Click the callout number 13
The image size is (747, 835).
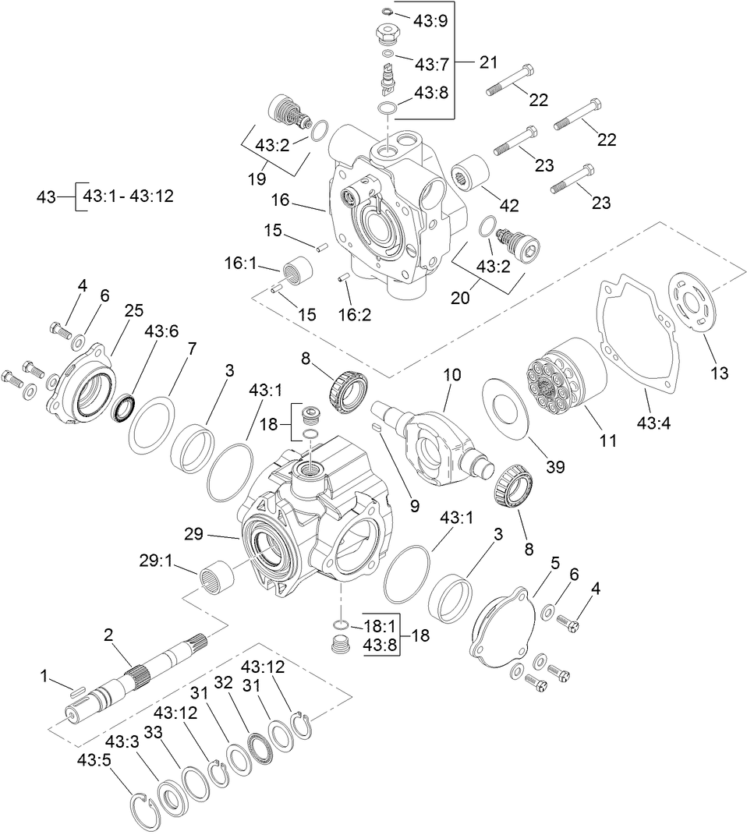[720, 373]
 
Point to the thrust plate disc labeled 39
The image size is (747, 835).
[510, 402]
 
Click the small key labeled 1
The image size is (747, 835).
[75, 688]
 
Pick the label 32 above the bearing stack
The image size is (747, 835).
[223, 683]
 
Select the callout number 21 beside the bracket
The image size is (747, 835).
[487, 62]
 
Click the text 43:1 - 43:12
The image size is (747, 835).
[128, 196]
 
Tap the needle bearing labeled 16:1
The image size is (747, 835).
[297, 272]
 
